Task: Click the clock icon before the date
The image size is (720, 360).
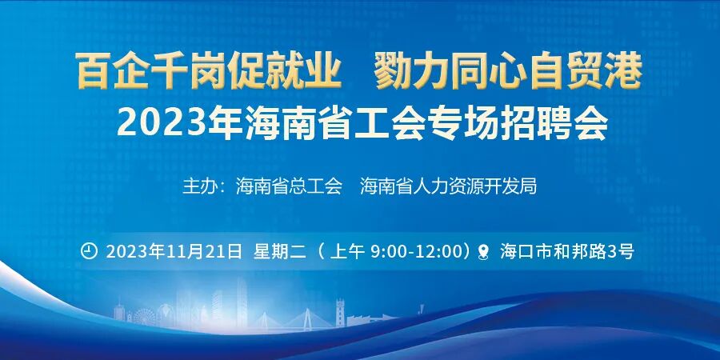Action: click(90, 250)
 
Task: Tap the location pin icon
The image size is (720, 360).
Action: click(482, 252)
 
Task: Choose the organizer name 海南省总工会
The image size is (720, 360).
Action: click(289, 187)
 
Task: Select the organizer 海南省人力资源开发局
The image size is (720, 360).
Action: click(448, 187)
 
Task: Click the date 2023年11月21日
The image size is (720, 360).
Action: click(174, 251)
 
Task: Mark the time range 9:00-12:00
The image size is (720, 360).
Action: click(417, 251)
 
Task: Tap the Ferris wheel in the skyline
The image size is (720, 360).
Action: click(144, 316)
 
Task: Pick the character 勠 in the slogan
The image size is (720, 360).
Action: click(392, 74)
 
